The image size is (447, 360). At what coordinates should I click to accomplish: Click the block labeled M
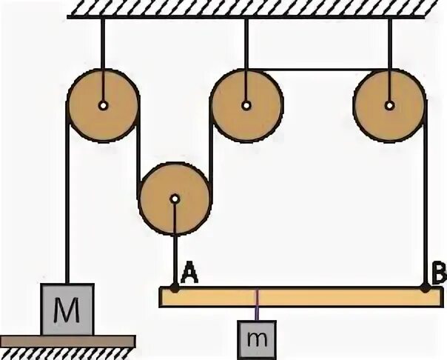pos(67,308)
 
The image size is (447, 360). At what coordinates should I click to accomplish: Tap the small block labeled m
pos(257,338)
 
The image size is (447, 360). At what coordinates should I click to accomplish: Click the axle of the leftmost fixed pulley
pos(103,105)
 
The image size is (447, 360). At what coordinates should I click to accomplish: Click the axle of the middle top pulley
pos(246,105)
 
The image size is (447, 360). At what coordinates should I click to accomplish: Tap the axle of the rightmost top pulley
pos(389,105)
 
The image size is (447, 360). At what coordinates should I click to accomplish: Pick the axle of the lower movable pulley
pos(175,199)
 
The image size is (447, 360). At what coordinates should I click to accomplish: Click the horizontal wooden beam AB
pos(311,297)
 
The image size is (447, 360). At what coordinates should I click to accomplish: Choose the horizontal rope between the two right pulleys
pos(318,70)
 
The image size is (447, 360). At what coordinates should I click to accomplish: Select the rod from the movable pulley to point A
pos(175,244)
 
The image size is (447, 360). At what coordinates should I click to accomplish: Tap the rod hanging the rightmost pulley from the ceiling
pos(389,44)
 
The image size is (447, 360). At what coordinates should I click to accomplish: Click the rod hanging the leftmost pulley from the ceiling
pos(103,44)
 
